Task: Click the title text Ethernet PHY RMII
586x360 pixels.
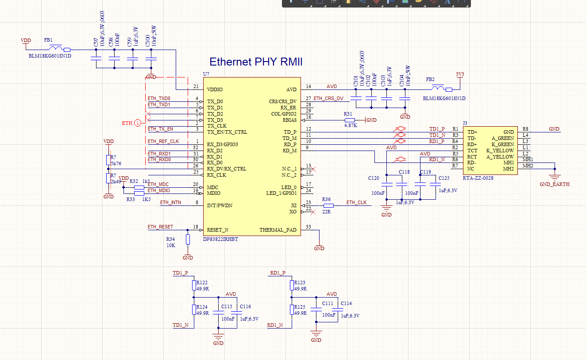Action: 256,62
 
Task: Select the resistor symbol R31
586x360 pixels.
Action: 350,120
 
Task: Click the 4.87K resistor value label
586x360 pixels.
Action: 350,126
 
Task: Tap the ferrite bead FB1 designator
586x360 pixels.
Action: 48,40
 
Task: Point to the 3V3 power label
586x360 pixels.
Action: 460,74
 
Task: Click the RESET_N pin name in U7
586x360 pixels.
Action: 218,230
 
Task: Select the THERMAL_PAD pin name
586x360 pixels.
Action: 278,230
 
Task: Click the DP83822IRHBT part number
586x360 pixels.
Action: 220,239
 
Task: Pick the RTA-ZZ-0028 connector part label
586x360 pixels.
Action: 478,178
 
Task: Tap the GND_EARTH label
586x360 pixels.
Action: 555,184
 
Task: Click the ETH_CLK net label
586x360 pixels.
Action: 356,202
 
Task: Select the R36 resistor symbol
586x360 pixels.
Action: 328,205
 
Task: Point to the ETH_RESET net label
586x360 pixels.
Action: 160,227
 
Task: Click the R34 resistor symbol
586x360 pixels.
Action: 188,240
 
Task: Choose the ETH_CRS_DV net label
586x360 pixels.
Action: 328,98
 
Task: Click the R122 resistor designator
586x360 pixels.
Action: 202,283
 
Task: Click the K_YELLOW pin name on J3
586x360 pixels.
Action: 500,151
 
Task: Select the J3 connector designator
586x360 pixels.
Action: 465,123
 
